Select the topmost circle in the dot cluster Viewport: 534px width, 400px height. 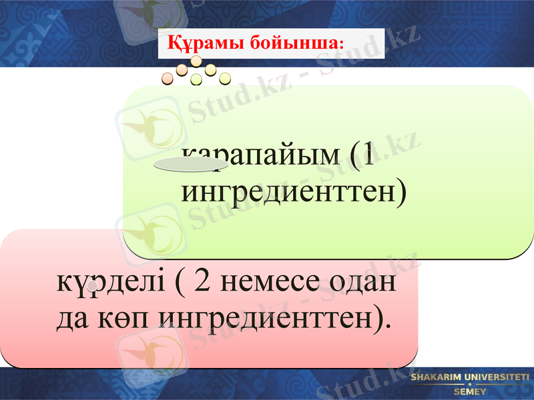[196, 61]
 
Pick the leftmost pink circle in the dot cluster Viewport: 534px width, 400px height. [168, 79]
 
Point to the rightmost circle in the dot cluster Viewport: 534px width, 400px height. [225, 78]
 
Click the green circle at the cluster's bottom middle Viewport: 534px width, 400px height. [196, 80]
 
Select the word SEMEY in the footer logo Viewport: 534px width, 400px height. [470, 392]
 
